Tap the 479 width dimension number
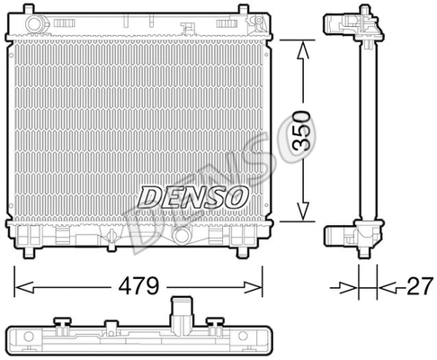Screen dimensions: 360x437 pos(138,287)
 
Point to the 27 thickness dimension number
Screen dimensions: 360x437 pos(416,287)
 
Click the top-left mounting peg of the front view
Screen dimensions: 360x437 pos(32,12)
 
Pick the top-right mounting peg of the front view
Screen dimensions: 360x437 pos(242,12)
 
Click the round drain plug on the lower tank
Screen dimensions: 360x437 pos(183,237)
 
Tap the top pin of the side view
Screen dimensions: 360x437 pos(365,8)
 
